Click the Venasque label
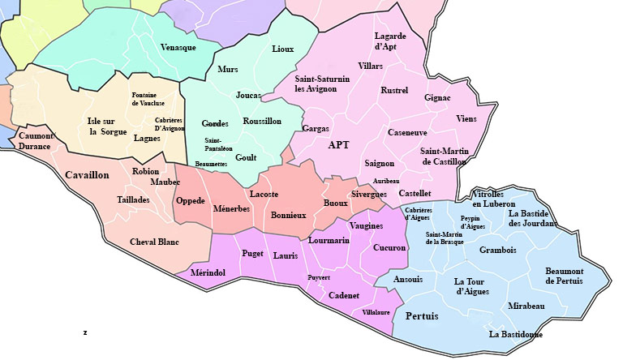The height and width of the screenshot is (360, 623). coord(178,47)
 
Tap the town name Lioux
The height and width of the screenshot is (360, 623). coord(283,49)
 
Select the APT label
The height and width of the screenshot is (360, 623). coord(339,145)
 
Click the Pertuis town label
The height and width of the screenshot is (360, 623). coord(421,315)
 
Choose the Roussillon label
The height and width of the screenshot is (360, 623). coord(262,121)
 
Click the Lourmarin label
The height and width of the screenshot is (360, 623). coord(329,240)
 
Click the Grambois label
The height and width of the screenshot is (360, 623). coord(497,250)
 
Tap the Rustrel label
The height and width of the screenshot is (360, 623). coord(394,90)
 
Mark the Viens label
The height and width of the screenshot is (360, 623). coord(466,118)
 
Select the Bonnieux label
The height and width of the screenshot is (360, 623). coord(289,216)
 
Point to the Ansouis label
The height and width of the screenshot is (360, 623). coord(408,279)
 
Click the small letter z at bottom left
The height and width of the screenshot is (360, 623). coord(84,332)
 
